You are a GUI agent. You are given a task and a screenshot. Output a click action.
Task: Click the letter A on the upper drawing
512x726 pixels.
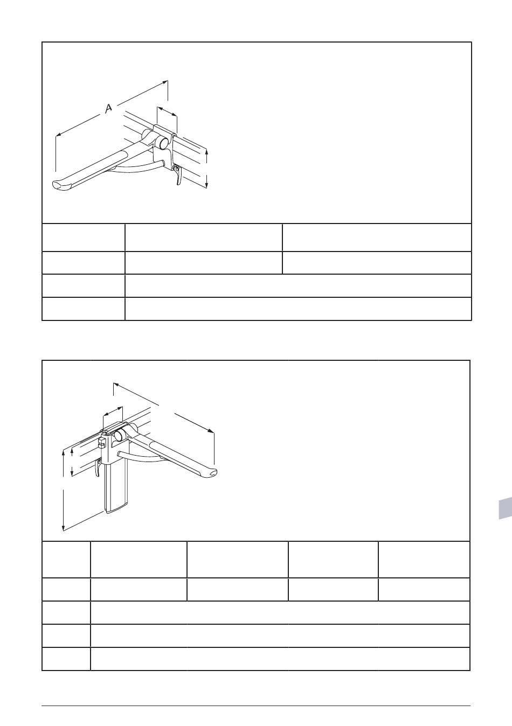point(109,108)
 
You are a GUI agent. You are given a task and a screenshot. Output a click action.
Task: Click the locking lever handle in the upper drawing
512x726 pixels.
point(178,175)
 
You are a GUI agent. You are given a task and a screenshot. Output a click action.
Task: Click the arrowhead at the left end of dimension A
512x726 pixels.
point(58,135)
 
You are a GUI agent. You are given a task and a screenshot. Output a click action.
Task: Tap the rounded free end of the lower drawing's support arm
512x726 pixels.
point(211,473)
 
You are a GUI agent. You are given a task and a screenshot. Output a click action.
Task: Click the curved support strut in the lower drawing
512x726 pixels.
point(143,458)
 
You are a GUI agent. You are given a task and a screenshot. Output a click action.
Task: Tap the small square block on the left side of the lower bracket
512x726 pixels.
point(100,442)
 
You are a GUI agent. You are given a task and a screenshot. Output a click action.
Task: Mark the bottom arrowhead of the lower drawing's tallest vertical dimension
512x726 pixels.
point(64,528)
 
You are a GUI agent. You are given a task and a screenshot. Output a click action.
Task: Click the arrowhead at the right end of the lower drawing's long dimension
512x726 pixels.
point(211,431)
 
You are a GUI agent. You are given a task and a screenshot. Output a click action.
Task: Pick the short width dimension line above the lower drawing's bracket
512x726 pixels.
point(113,411)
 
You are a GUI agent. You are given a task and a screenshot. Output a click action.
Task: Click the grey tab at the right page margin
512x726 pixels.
point(505,508)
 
